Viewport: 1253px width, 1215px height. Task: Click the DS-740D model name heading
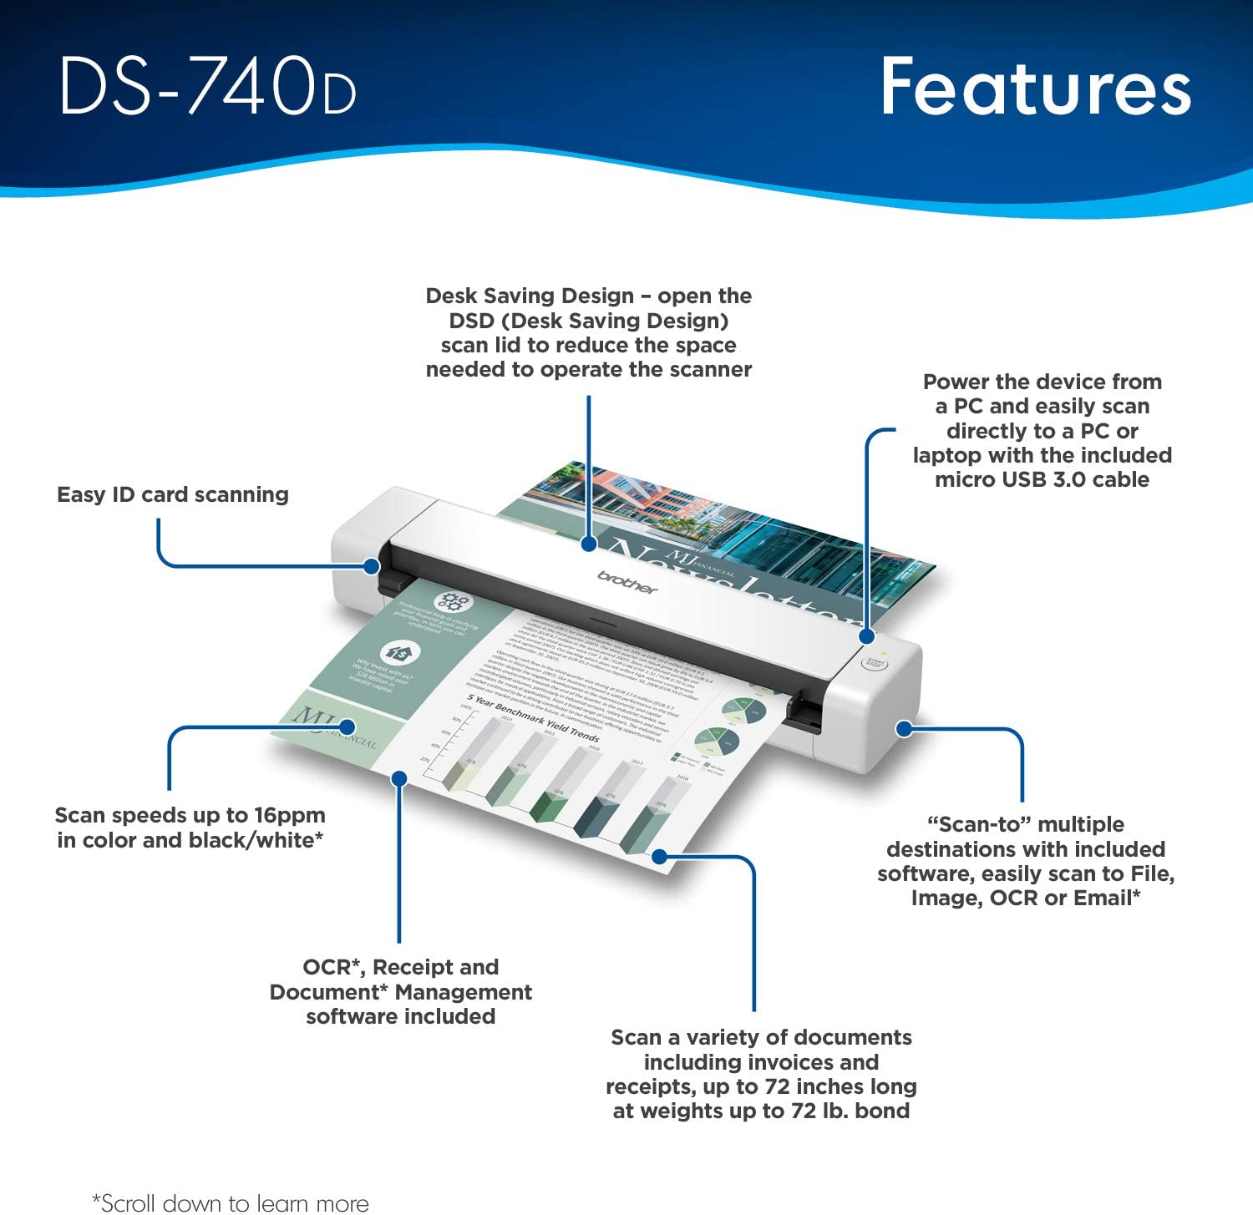[208, 86]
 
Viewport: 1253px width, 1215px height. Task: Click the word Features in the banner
[1036, 87]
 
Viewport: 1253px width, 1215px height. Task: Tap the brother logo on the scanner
[627, 582]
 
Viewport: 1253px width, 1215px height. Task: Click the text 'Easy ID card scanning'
[173, 494]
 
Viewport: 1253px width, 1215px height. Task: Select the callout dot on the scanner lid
[589, 544]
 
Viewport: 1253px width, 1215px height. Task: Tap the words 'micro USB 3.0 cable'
[1042, 479]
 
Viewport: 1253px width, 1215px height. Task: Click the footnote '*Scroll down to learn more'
[231, 1202]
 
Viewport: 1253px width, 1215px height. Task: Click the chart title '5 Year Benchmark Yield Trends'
[533, 718]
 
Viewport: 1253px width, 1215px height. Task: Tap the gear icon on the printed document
[453, 600]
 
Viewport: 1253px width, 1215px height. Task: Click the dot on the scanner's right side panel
[904, 728]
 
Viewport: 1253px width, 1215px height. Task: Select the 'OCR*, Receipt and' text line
[400, 967]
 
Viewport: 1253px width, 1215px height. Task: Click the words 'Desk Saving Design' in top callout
[530, 296]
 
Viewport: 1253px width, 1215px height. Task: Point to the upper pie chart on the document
[743, 710]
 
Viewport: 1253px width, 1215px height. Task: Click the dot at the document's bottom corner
[660, 856]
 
